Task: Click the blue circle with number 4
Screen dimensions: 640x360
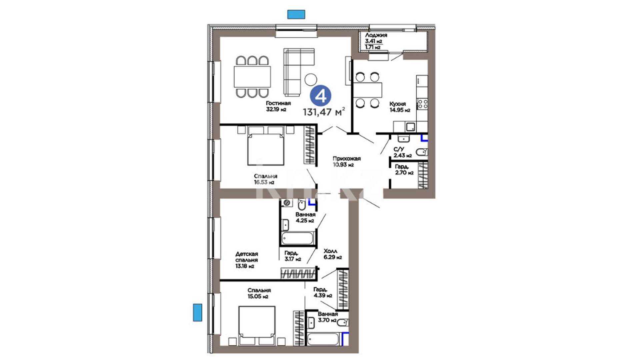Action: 321,96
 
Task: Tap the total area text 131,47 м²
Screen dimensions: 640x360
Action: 324,112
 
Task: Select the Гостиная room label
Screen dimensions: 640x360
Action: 278,103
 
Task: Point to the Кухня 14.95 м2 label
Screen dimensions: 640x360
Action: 400,107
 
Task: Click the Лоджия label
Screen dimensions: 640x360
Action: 376,35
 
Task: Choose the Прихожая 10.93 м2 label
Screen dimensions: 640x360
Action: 347,162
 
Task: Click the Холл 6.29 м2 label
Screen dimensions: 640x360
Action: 333,254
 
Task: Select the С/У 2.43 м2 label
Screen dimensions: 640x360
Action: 402,152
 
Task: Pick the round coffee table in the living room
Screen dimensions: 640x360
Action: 311,79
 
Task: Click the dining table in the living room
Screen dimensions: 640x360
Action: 252,77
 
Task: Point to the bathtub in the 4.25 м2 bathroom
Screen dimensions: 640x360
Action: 298,238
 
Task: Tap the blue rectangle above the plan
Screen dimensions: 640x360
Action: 296,14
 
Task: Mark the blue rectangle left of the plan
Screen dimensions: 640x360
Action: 198,312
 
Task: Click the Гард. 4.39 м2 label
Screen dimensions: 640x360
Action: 323,292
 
